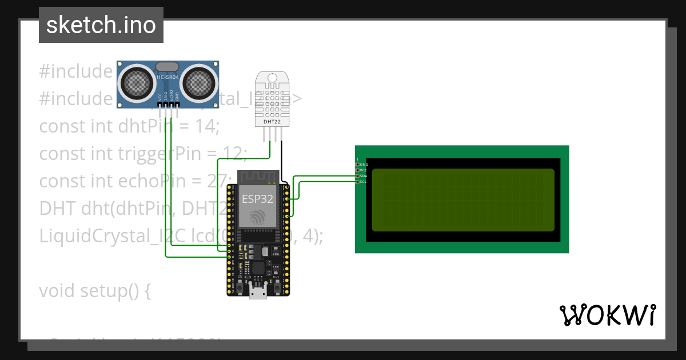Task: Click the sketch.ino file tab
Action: coord(101,26)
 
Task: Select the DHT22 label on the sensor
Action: coord(272,122)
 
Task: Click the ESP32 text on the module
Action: coord(257,199)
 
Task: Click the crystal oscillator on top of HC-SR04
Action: coord(167,67)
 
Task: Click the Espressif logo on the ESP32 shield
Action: coord(258,216)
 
